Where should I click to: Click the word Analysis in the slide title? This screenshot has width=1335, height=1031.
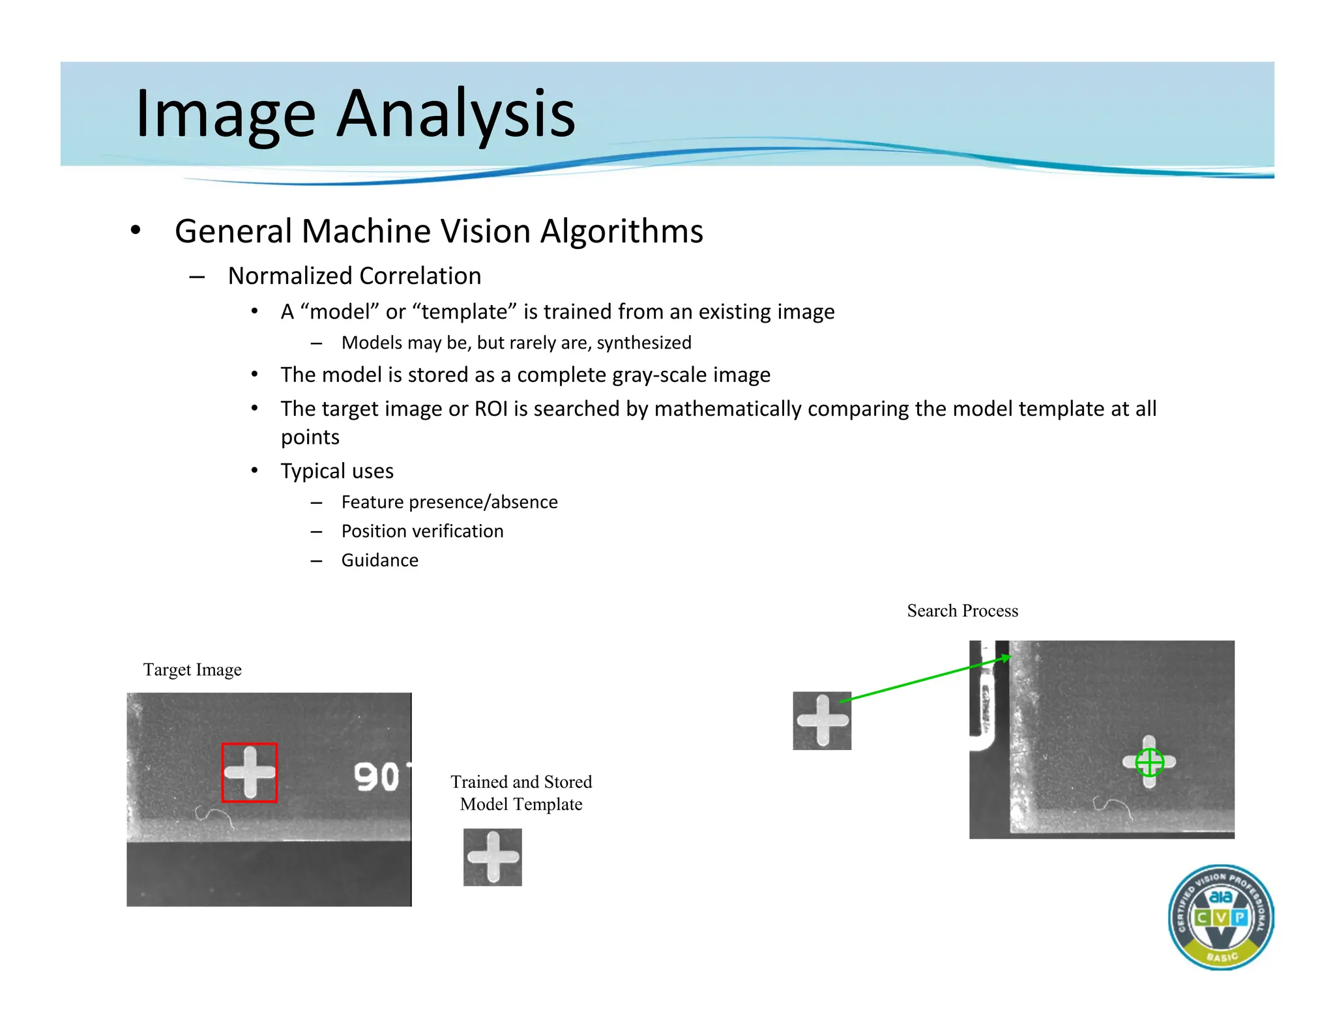456,114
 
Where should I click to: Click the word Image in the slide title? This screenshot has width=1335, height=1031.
225,114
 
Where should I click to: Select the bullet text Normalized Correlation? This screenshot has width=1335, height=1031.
355,276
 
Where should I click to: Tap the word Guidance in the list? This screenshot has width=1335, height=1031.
379,560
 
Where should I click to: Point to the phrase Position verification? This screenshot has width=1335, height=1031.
422,531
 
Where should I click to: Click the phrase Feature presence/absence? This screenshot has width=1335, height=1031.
449,502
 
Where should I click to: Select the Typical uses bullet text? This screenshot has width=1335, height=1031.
337,471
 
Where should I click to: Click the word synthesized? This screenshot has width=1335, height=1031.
644,343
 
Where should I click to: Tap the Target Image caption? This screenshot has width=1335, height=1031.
192,670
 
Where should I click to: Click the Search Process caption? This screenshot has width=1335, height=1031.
962,611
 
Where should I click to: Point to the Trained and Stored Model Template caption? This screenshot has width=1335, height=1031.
521,792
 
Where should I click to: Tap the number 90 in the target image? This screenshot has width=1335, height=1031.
376,777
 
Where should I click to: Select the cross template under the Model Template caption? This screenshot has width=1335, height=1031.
493,857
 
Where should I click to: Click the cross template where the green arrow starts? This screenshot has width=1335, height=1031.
822,720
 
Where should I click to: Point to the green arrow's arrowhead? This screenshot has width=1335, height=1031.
1006,658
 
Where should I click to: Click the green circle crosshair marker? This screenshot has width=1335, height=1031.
1149,762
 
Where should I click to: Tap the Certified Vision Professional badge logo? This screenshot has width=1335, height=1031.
1220,917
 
